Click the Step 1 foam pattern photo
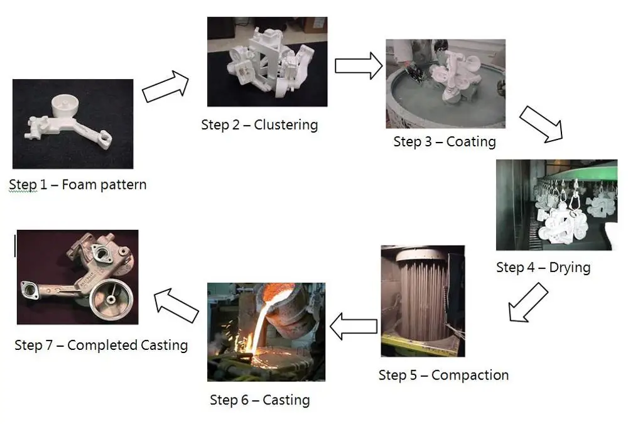point(73,124)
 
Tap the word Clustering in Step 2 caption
point(286,124)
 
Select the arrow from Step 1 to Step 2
point(165,87)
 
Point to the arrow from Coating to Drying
point(544,123)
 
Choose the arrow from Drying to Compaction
point(527,302)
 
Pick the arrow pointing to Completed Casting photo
point(177,302)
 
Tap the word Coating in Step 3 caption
point(470,141)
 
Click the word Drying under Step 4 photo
point(570,268)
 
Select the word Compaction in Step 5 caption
point(470,376)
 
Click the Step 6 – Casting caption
point(259,400)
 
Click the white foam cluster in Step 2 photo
point(268,63)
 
